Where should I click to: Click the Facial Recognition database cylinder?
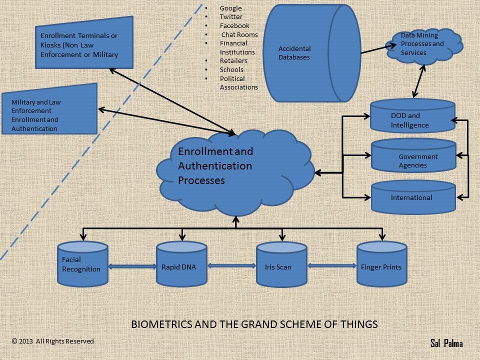[x=82, y=264]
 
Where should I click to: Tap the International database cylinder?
[x=413, y=197]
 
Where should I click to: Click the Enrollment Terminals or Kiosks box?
[x=84, y=44]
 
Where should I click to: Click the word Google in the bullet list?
[x=230, y=8]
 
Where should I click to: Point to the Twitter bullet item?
[x=231, y=17]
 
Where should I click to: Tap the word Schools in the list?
[x=231, y=70]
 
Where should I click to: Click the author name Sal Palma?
[x=446, y=343]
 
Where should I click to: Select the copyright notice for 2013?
[x=52, y=341]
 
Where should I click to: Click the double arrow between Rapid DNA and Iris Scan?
[x=231, y=266]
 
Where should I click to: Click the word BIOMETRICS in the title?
[x=160, y=324]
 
